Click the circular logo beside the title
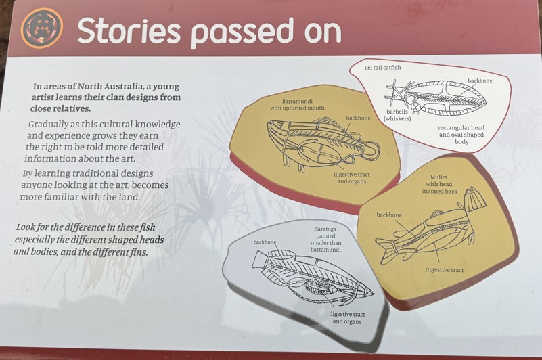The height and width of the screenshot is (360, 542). tap(42, 28)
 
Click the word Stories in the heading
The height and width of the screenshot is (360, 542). tap(129, 31)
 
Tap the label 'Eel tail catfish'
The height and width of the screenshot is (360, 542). tap(383, 68)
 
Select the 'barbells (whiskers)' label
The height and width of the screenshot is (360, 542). tap(397, 115)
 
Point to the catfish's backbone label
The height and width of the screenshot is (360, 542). tap(480, 81)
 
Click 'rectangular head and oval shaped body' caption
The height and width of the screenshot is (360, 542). tap(461, 135)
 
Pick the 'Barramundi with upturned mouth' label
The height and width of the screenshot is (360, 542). tap(297, 104)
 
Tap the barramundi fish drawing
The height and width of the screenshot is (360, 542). tap(323, 143)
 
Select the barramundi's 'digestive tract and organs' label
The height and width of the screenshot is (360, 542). tap(352, 178)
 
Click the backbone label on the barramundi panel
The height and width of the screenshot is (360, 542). tap(358, 118)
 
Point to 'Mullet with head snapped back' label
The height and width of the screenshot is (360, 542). tap(439, 184)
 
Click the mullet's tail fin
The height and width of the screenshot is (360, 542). tap(384, 251)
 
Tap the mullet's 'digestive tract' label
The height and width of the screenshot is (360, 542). tap(445, 270)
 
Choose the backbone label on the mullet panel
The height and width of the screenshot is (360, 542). tap(389, 215)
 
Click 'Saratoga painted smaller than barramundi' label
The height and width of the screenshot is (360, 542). tap(325, 240)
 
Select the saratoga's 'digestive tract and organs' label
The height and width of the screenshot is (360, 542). tap(347, 318)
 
